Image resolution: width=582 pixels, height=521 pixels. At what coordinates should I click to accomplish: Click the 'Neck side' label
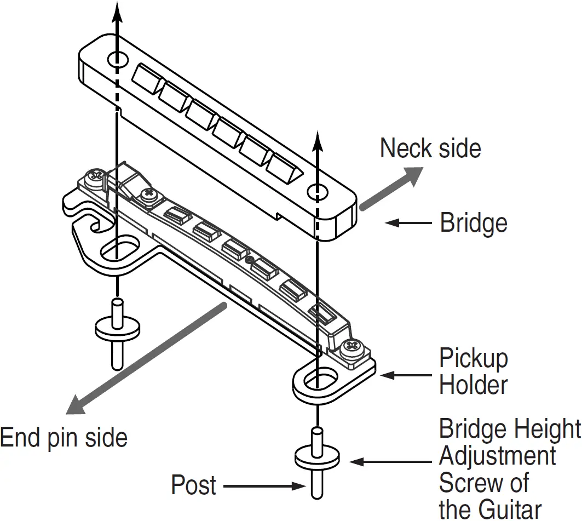click(x=430, y=149)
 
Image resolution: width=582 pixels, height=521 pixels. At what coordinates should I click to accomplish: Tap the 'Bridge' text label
click(x=473, y=223)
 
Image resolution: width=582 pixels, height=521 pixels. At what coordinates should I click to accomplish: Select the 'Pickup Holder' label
click(x=473, y=372)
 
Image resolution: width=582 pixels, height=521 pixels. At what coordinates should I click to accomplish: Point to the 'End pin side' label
click(x=64, y=438)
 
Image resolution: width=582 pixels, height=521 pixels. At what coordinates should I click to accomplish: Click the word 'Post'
click(x=193, y=485)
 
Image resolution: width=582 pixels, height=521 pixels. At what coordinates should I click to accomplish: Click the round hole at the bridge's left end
click(x=118, y=60)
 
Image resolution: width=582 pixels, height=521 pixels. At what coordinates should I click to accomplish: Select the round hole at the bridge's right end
click(x=317, y=192)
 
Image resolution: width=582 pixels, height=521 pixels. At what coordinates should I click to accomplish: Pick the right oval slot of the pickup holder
click(x=317, y=379)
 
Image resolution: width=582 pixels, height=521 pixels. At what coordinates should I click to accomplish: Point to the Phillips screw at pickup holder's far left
click(x=95, y=176)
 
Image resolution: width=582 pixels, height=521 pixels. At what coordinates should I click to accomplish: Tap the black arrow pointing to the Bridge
click(x=408, y=223)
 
